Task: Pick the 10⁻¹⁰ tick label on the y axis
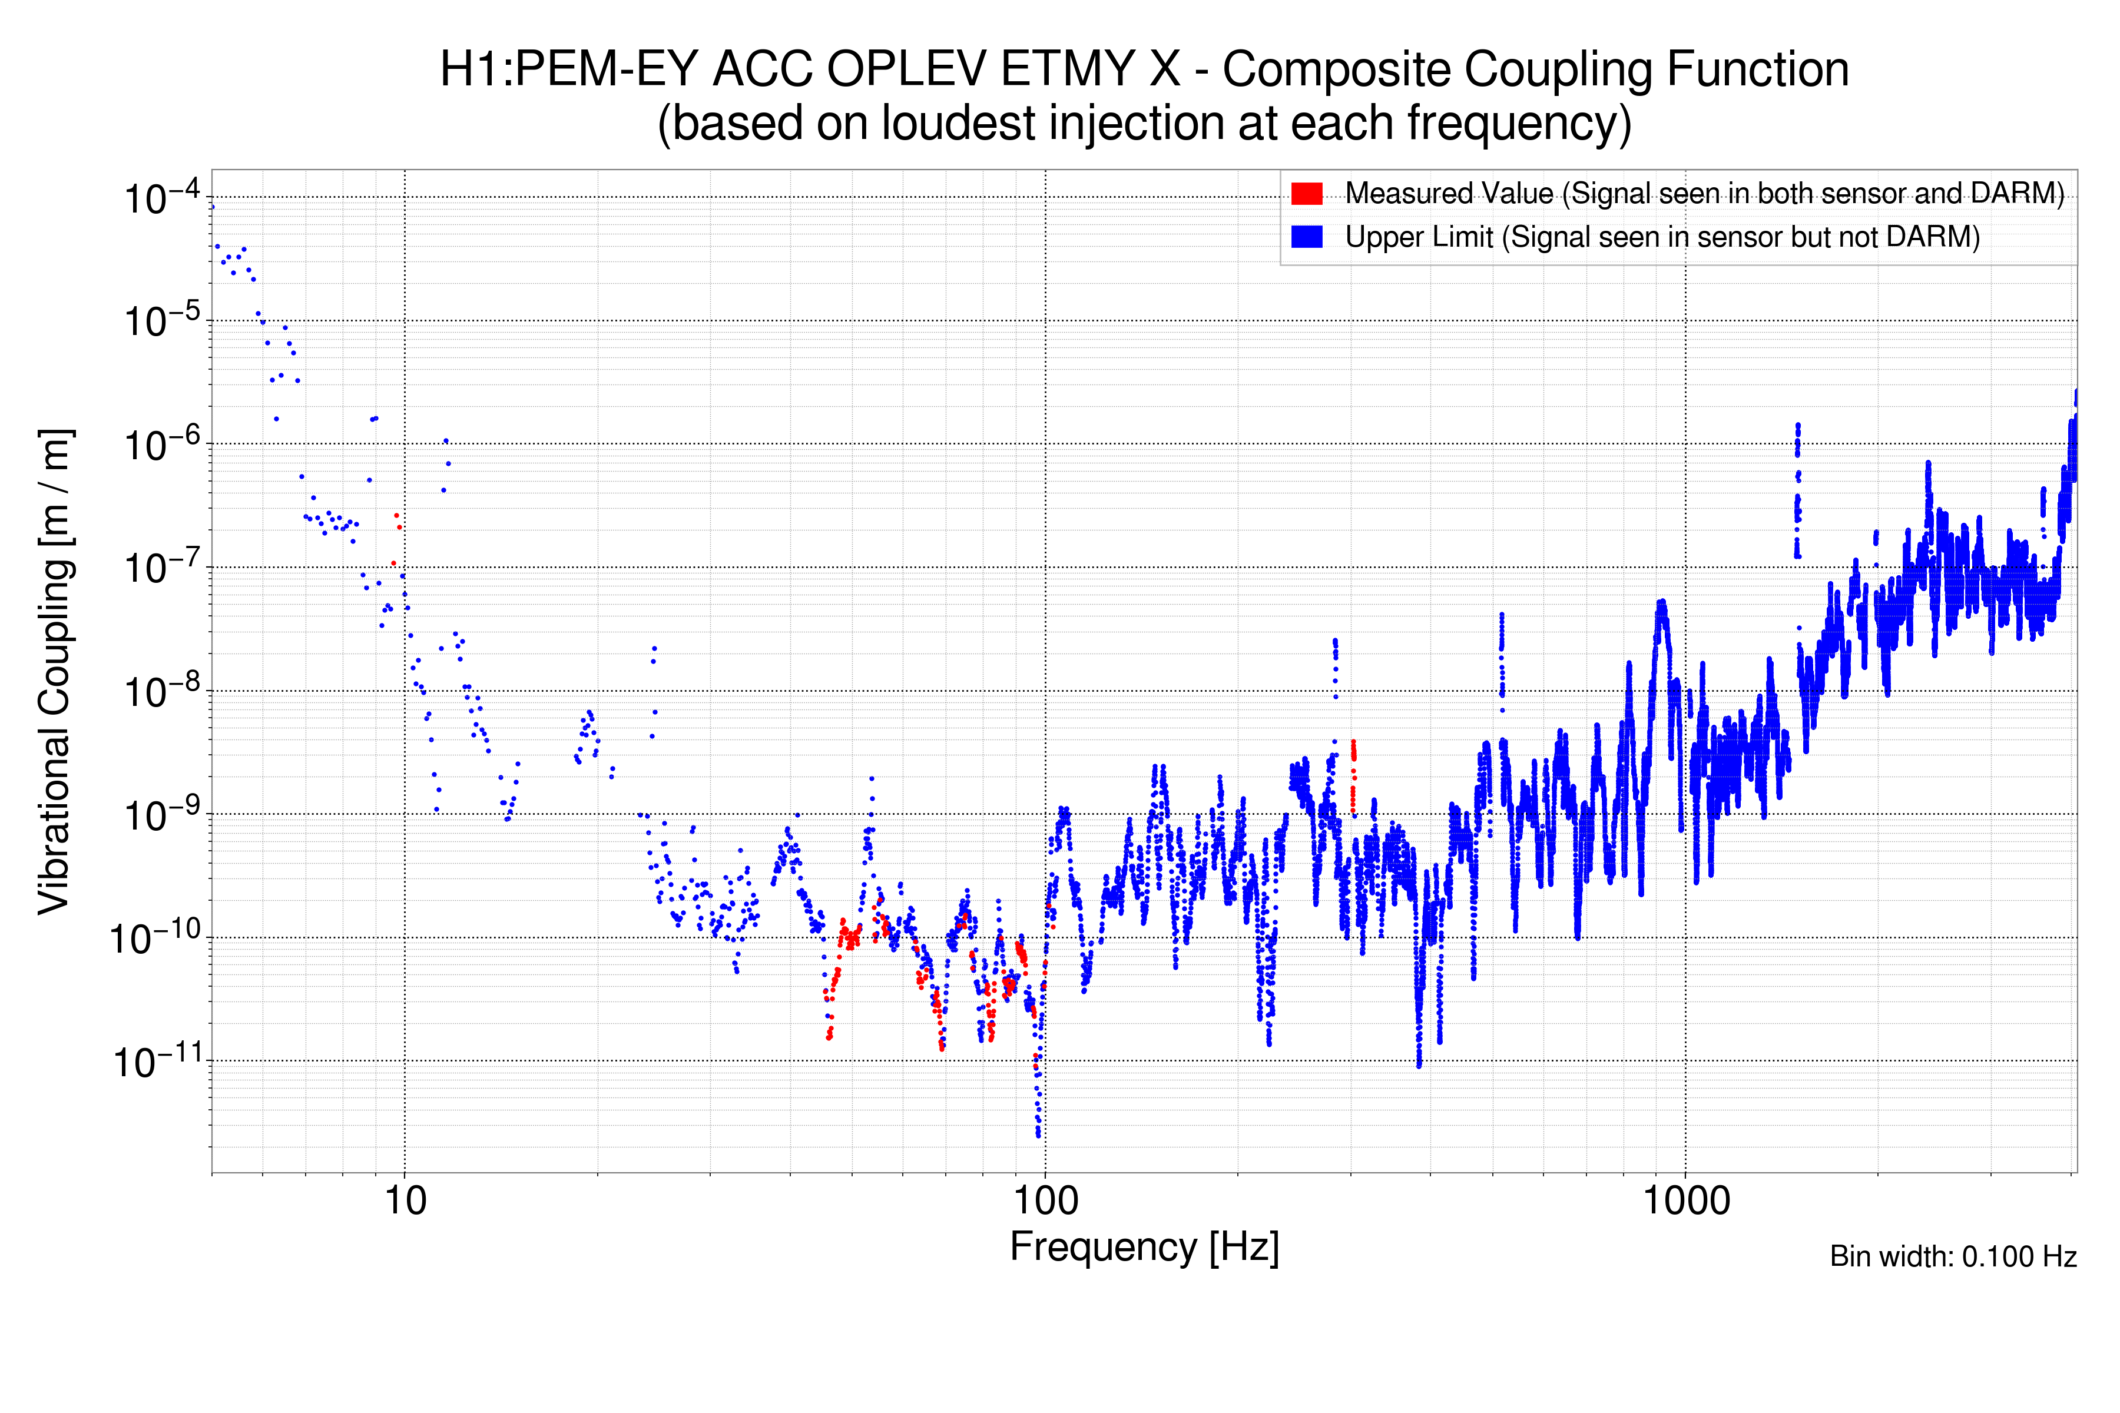[x=155, y=939]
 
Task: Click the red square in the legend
[x=1307, y=194]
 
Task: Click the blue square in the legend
[x=1307, y=237]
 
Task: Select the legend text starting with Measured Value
[x=1704, y=194]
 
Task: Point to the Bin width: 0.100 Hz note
[x=1953, y=1256]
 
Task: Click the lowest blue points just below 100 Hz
[x=1038, y=1126]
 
